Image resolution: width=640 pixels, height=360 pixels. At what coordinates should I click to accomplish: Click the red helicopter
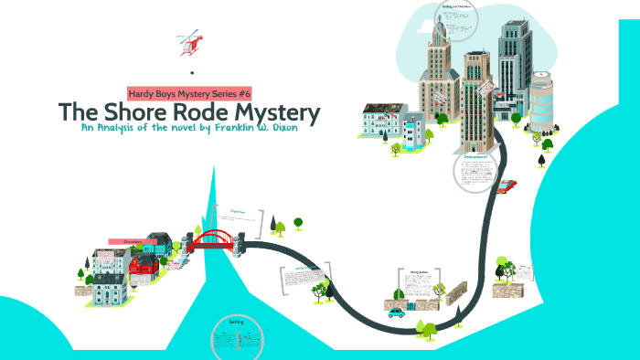[189, 42]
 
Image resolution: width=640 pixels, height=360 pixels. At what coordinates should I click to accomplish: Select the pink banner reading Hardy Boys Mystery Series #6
[190, 92]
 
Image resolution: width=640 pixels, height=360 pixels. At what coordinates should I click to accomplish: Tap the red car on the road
[506, 185]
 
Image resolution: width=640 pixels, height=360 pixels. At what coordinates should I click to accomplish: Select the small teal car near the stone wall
[396, 312]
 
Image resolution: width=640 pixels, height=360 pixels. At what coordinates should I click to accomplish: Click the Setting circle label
[236, 323]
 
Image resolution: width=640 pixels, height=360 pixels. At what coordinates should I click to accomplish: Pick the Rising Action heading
[419, 271]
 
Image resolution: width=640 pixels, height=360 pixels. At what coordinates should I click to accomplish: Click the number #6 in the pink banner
[243, 92]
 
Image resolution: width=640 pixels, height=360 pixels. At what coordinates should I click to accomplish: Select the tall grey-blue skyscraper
[511, 69]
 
